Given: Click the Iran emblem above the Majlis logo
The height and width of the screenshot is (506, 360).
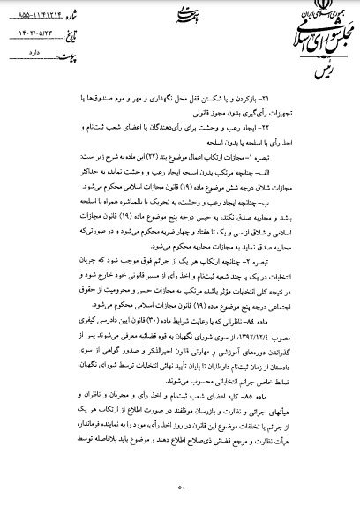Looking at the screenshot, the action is coord(305,11).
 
